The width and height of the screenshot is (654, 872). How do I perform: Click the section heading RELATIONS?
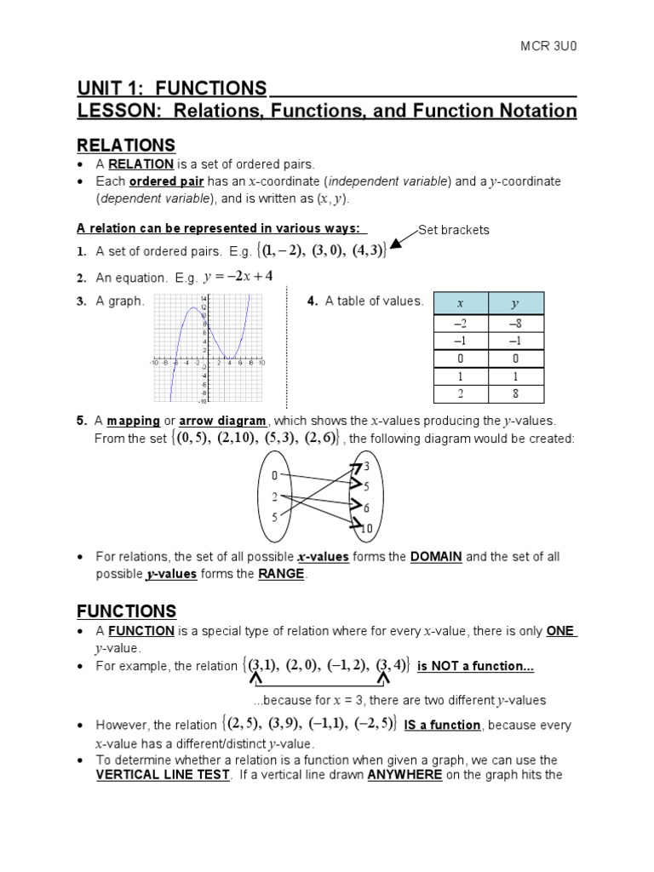point(126,145)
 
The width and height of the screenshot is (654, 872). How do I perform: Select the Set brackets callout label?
point(454,230)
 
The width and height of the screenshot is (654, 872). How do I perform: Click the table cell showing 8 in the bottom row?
point(515,393)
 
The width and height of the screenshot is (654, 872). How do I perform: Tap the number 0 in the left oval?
point(274,476)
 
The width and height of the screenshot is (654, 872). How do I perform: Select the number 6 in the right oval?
point(367,508)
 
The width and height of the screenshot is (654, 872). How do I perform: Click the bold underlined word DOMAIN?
point(436,557)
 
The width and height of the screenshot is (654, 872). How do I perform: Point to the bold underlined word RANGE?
point(281,574)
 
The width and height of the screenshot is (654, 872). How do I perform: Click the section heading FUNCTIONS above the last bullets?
point(127,611)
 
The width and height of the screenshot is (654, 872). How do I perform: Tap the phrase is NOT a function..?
point(475,666)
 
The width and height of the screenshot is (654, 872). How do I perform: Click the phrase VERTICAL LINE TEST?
point(163,775)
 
